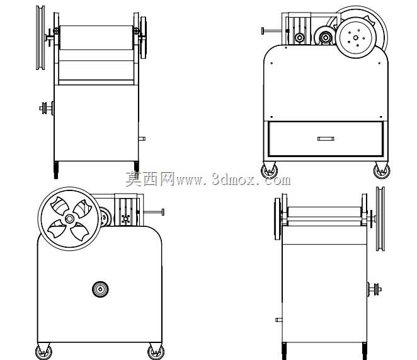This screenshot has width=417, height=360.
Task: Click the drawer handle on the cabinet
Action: pyautogui.click(x=326, y=139)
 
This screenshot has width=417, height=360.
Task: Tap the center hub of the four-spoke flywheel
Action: pyautogui.click(x=69, y=219)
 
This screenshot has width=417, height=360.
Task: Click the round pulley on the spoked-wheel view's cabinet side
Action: pyautogui.click(x=100, y=289)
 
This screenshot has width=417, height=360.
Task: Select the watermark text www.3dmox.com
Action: pyautogui.click(x=233, y=180)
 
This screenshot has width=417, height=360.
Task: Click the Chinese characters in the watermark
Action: pyautogui.click(x=150, y=179)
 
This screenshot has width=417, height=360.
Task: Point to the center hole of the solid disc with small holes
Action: pyautogui.click(x=355, y=38)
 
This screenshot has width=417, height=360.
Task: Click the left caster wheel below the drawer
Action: pyautogui.click(x=269, y=171)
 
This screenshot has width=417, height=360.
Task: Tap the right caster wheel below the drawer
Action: pyautogui.click(x=382, y=171)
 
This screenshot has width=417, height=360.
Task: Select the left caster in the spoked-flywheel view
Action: pyautogui.click(x=43, y=352)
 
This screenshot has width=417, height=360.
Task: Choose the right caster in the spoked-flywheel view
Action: pyautogui.click(x=156, y=352)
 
